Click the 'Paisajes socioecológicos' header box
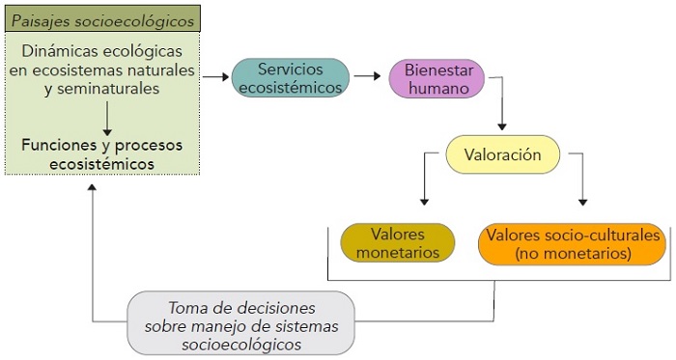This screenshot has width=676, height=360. click(101, 19)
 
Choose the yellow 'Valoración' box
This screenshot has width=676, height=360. click(501, 154)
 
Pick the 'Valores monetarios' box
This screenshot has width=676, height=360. click(397, 243)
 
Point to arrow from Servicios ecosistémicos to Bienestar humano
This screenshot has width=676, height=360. click(367, 75)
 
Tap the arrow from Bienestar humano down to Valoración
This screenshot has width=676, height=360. click(502, 114)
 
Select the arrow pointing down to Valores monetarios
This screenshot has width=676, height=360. click(423, 183)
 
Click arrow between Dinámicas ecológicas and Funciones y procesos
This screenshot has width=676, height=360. click(107, 116)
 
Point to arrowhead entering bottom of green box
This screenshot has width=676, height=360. click(93, 187)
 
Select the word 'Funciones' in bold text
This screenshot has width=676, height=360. click(56, 145)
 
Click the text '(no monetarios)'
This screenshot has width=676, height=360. click(573, 254)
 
